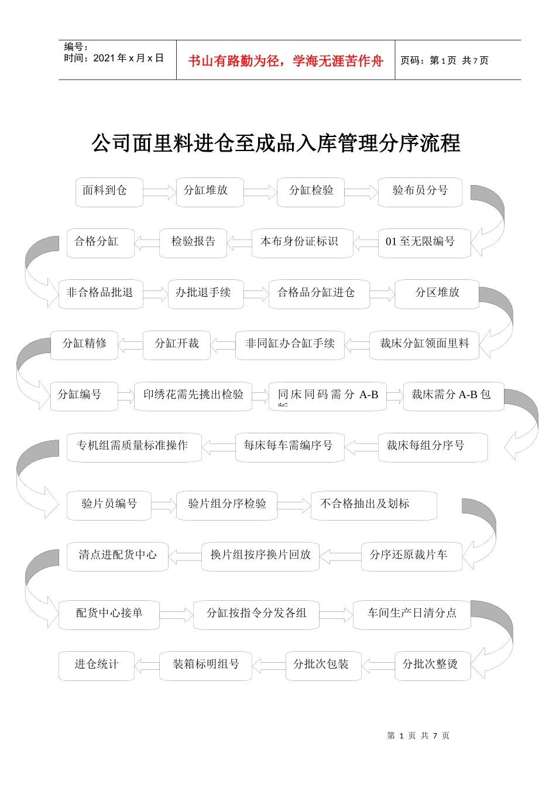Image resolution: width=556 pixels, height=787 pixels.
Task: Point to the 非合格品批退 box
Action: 100,293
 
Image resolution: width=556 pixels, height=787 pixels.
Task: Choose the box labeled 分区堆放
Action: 437,293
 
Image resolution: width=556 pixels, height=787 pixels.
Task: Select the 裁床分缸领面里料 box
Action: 424,344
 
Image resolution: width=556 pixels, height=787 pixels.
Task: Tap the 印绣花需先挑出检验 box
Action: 193,395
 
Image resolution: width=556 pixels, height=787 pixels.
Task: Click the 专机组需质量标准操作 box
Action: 134,447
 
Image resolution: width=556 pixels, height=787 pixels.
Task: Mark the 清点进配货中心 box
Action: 117,556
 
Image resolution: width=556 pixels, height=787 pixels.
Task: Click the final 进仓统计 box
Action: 96,665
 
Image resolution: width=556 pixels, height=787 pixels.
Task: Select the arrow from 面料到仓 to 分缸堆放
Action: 159,192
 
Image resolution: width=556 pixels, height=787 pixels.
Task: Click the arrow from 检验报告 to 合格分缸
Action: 147,242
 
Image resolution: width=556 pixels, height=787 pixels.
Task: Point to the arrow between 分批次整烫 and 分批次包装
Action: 378,665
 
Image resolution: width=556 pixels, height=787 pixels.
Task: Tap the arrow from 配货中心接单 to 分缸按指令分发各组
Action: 176,614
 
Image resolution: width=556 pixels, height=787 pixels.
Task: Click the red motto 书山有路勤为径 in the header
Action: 286,61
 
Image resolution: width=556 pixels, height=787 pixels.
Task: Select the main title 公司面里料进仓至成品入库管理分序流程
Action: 276,143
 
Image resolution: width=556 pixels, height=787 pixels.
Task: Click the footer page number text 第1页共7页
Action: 418,735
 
